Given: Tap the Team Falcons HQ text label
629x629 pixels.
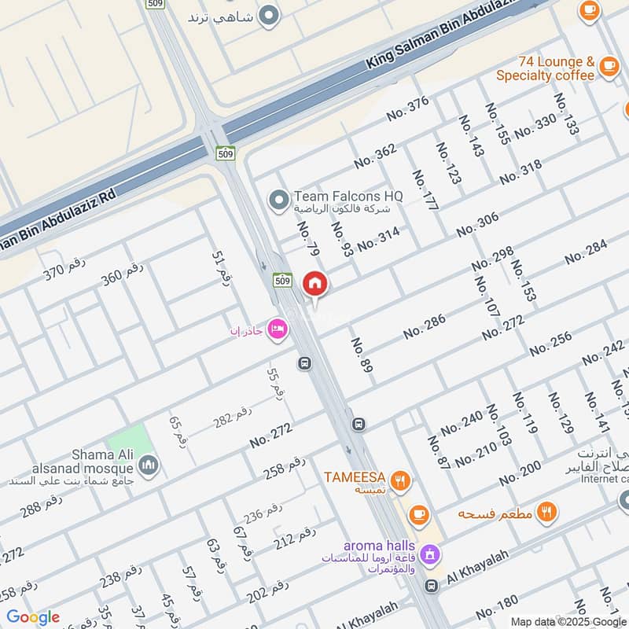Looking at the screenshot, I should (348, 196).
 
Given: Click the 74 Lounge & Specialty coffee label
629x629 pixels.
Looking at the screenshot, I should (545, 68).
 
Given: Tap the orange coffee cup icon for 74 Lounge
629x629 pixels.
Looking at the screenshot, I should (608, 67).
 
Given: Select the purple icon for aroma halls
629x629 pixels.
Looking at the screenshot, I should (429, 554).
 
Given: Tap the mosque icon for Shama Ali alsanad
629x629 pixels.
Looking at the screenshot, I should (150, 466).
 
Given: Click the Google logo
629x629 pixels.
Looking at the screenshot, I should (33, 616).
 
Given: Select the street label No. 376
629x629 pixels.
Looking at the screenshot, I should (407, 109).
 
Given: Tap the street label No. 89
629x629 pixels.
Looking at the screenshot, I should (361, 355).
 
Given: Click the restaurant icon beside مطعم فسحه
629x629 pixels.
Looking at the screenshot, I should (547, 512).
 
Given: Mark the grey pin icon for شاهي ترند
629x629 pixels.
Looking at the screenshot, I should (270, 15).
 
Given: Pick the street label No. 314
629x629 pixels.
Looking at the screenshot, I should (378, 239).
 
